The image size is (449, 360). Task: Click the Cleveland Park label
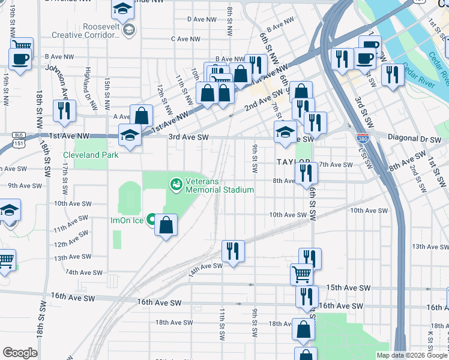click(x=91, y=155)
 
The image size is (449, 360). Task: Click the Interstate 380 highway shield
click(x=362, y=138)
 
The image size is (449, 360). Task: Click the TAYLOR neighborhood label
click(x=294, y=163)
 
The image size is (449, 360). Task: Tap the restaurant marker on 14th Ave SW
click(x=232, y=251)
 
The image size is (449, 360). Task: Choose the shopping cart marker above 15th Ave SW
click(x=301, y=274)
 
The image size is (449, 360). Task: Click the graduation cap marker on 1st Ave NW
click(x=129, y=135)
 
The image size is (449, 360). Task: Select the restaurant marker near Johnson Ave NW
click(x=63, y=110)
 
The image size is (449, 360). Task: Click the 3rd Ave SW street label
click(x=188, y=137)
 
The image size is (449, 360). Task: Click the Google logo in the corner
click(x=20, y=353)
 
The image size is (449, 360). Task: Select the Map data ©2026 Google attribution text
click(x=411, y=355)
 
